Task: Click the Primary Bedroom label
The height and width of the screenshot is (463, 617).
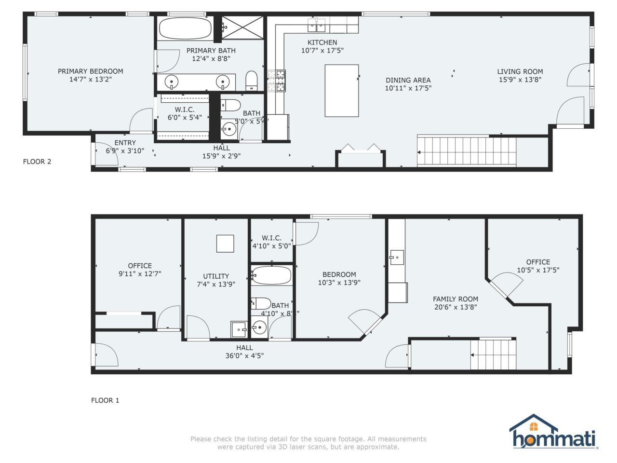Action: click(90, 71)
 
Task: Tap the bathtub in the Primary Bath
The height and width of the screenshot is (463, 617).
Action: click(185, 29)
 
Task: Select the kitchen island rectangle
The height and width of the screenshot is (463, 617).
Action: click(341, 91)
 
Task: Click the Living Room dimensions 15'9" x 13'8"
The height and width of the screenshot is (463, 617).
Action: click(520, 80)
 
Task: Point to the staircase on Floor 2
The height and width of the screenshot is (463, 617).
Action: click(466, 152)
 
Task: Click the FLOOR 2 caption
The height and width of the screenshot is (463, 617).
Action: click(37, 162)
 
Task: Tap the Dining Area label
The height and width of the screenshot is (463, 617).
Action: click(408, 80)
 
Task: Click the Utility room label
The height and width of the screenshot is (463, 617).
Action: click(216, 276)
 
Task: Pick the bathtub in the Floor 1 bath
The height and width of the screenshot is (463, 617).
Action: click(271, 276)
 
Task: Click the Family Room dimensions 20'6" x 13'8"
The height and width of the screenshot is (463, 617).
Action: click(456, 307)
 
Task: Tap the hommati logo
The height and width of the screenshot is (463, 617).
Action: click(554, 432)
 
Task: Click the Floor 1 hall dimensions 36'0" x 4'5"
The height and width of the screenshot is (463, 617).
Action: click(244, 356)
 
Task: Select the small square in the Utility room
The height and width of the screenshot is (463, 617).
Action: click(225, 244)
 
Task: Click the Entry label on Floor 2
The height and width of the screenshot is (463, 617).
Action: click(125, 143)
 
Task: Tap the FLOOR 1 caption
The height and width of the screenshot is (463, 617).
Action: click(105, 400)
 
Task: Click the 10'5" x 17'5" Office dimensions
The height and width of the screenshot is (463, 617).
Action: click(538, 271)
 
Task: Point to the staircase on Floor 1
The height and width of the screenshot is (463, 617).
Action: click(493, 354)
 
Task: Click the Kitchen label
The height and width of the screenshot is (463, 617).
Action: click(322, 42)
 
